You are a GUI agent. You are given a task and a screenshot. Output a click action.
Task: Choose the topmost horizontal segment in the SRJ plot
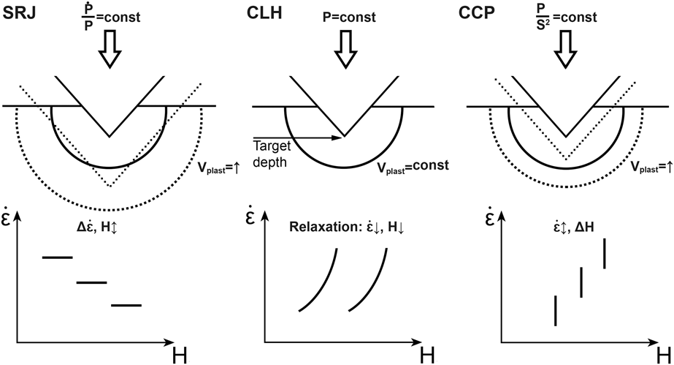tap(58, 257)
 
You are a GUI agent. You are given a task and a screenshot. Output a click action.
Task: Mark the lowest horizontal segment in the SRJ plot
tap(126, 305)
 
